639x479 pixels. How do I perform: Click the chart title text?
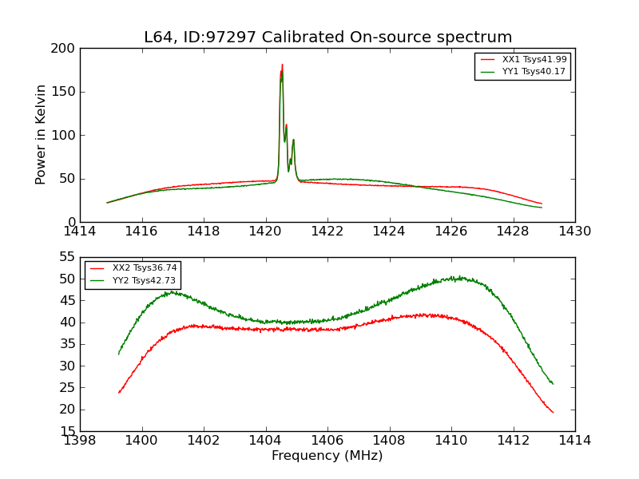coord(327,38)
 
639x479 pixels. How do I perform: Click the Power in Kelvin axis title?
coord(42,134)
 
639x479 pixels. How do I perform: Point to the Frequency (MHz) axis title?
coord(327,456)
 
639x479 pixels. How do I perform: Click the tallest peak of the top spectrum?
coord(282,65)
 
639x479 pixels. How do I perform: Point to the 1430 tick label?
coord(575,232)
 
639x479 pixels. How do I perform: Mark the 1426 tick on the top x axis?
coord(451,232)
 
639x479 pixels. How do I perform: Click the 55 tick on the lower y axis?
coord(68,257)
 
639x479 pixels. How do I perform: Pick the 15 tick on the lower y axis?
coord(68,431)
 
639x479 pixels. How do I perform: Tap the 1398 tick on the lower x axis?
coord(80,441)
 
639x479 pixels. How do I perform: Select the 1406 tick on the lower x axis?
coord(327,441)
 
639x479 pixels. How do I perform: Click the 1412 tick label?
coord(513,441)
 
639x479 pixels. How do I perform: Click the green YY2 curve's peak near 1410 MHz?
coord(455,277)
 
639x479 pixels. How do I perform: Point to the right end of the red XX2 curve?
coord(553,412)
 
